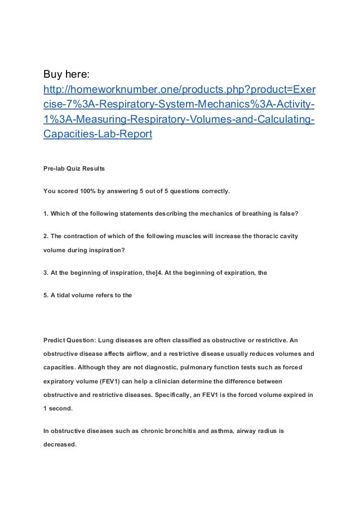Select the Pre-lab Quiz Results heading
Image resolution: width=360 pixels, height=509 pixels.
pyautogui.click(x=73, y=169)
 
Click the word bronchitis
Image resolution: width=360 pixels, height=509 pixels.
pyautogui.click(x=175, y=432)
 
